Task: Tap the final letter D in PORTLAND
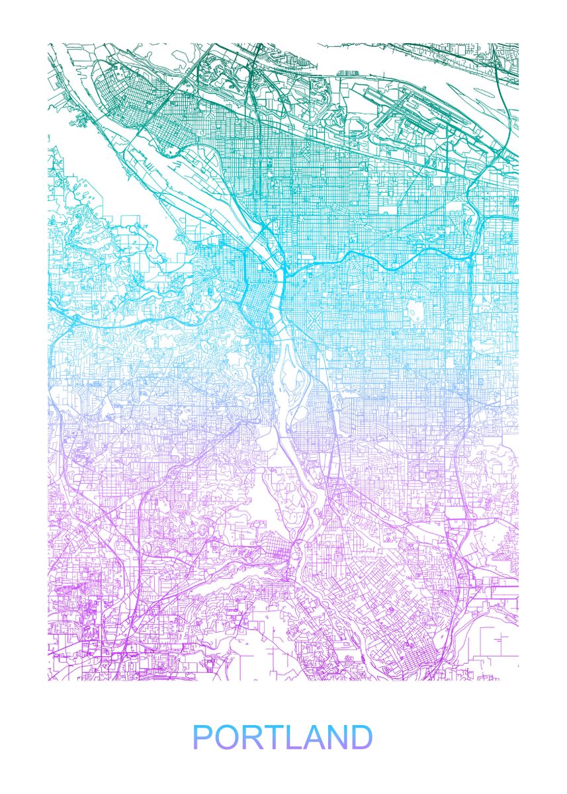361,738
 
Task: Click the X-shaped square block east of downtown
314,322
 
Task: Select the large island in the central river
289,384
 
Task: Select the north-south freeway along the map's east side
471,331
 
